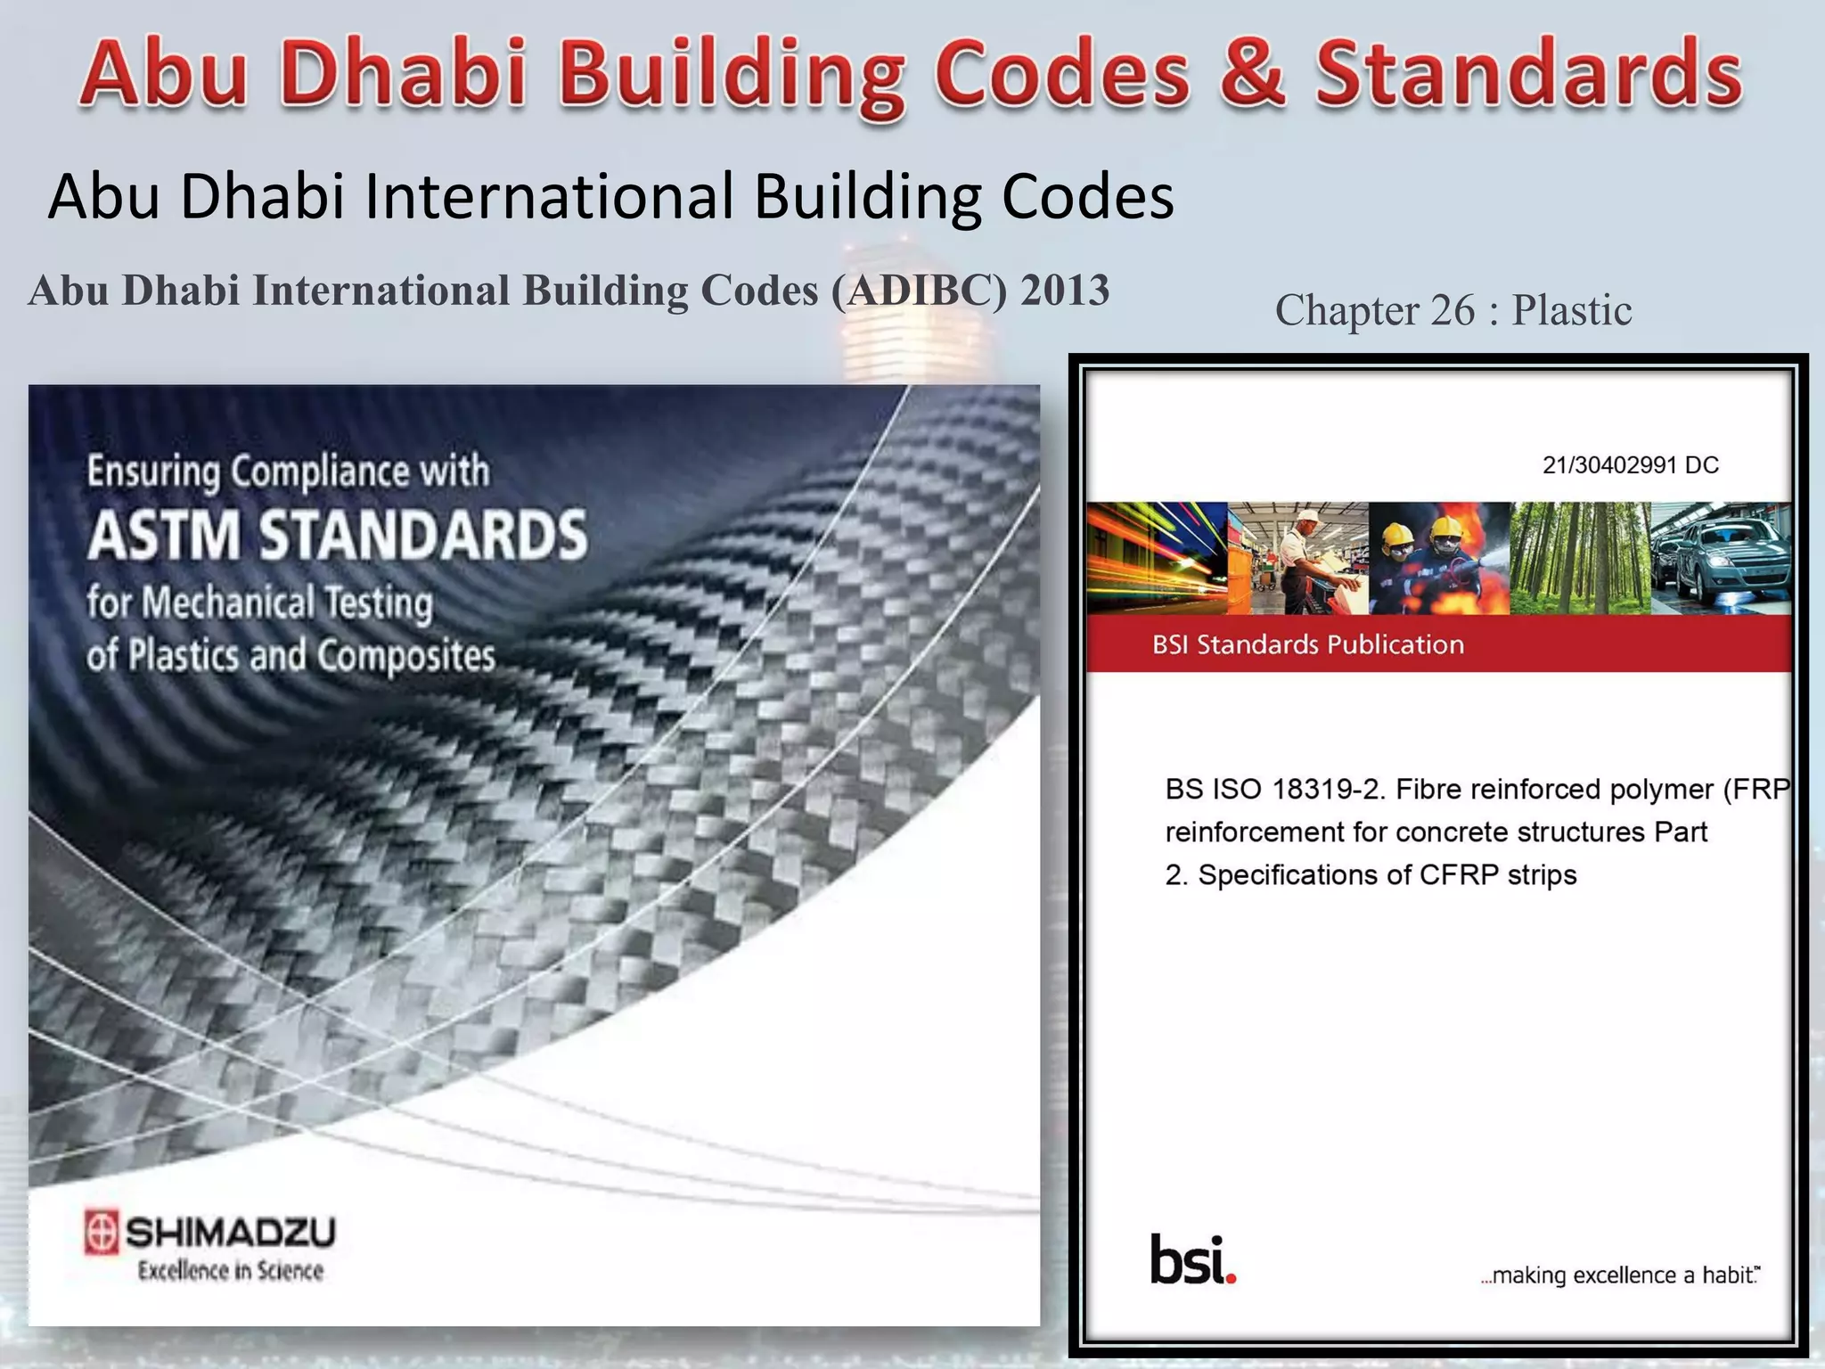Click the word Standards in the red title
pyautogui.click(x=1528, y=74)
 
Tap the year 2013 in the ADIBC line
pyautogui.click(x=1065, y=291)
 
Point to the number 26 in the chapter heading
pyautogui.click(x=1453, y=310)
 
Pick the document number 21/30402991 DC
pyautogui.click(x=1630, y=465)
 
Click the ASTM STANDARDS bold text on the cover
pyautogui.click(x=337, y=535)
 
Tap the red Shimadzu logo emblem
pyautogui.click(x=101, y=1233)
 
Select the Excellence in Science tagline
pyautogui.click(x=230, y=1271)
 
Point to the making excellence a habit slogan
pyautogui.click(x=1619, y=1275)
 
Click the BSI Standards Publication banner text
pyautogui.click(x=1307, y=644)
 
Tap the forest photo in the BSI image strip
pyautogui.click(x=1580, y=558)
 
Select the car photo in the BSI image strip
pyautogui.click(x=1720, y=558)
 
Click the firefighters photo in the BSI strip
pyautogui.click(x=1439, y=558)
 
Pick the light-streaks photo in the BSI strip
pyautogui.click(x=1157, y=558)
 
